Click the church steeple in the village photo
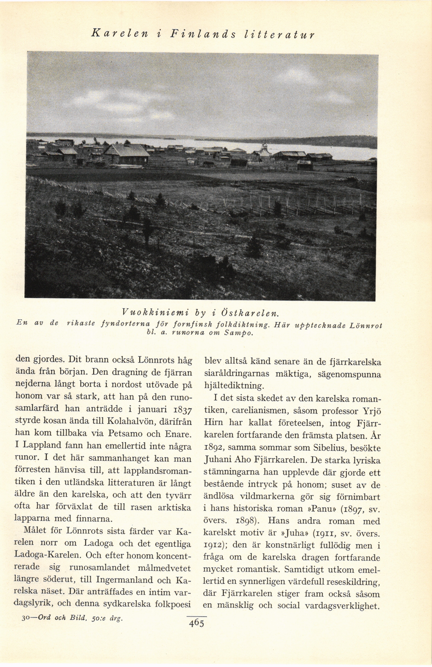[264, 146]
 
